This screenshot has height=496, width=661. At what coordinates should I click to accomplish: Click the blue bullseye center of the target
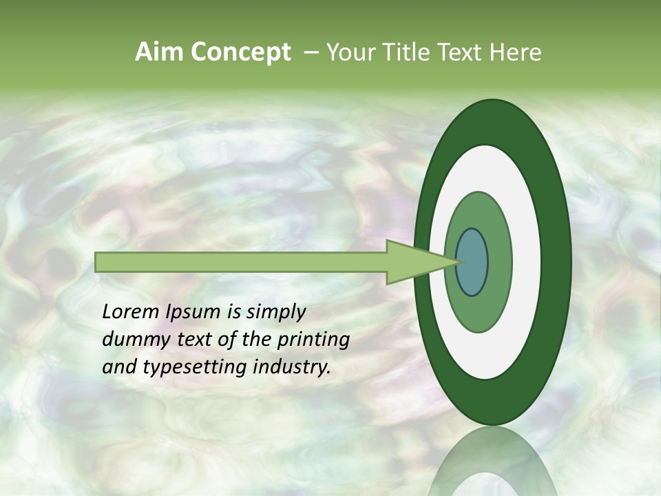[x=472, y=262]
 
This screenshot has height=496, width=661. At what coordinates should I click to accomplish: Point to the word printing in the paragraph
[x=313, y=340]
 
